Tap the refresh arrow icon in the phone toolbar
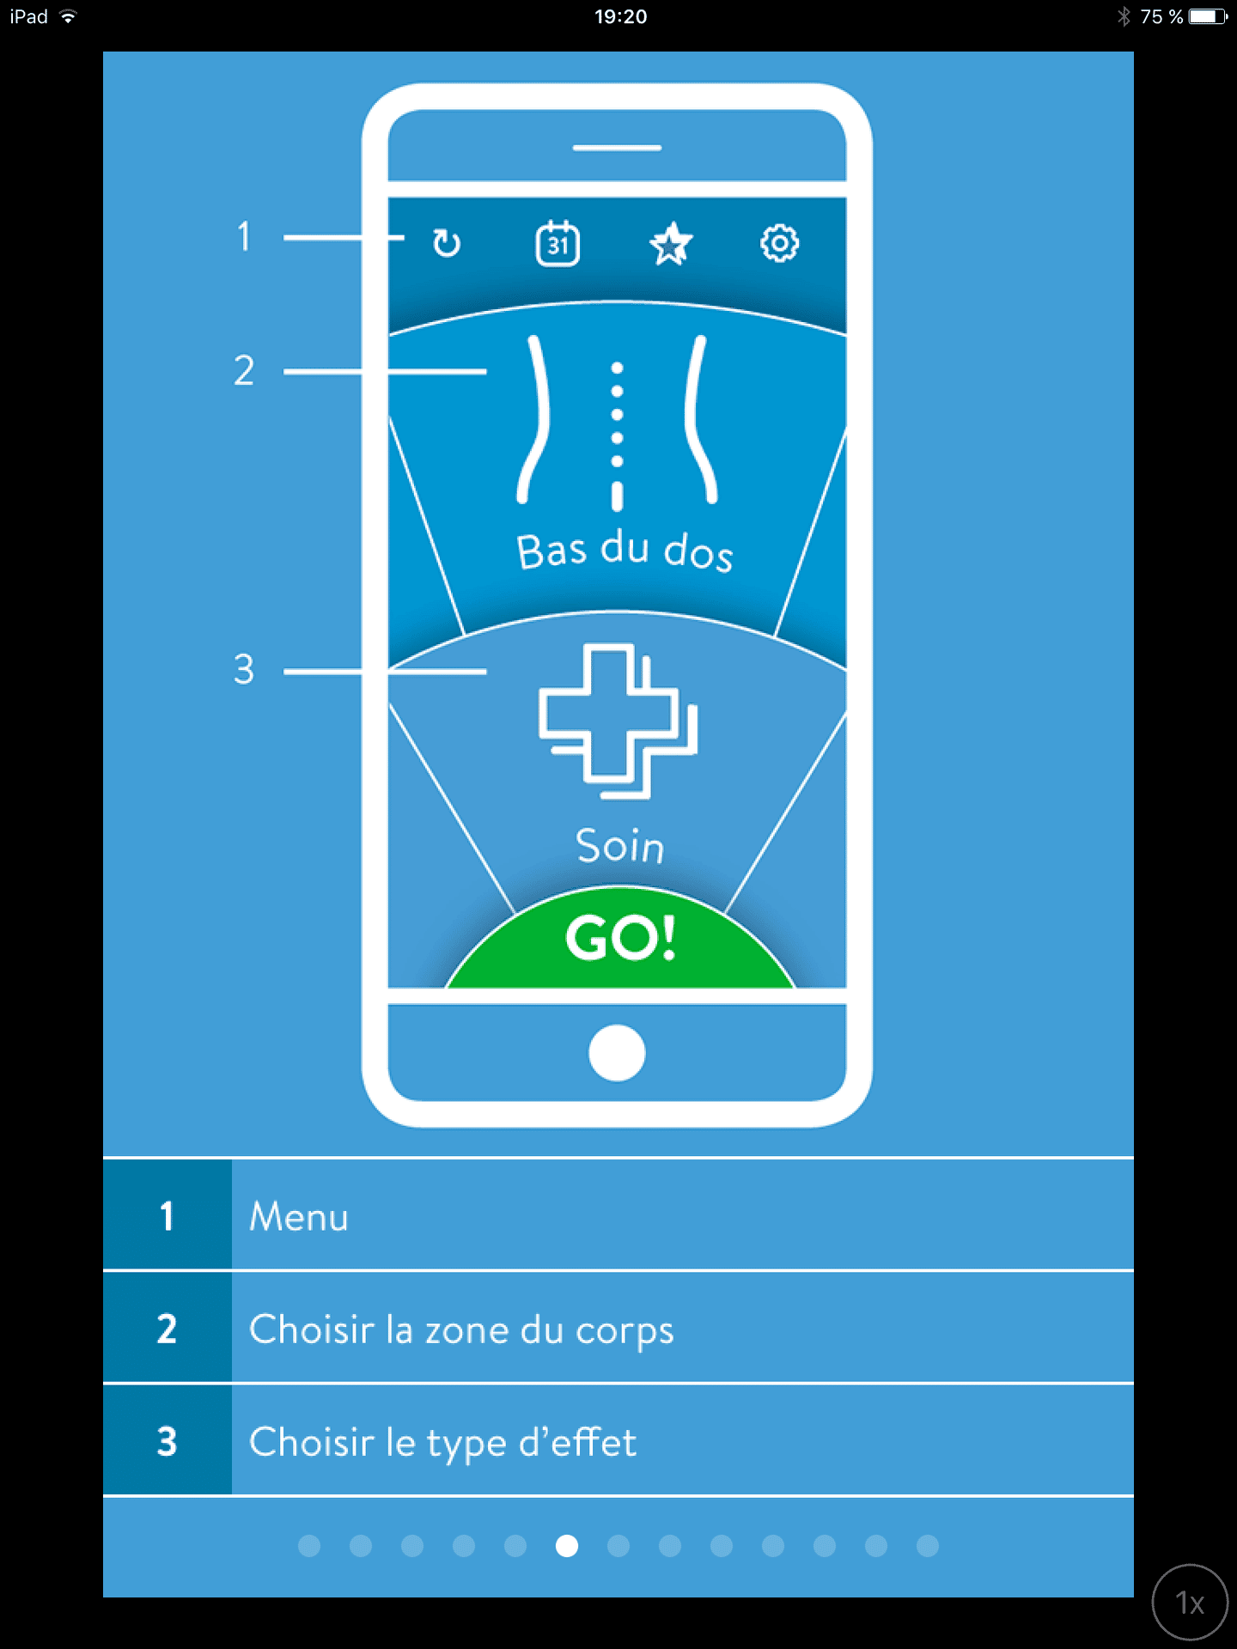tap(447, 244)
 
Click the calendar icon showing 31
tap(558, 244)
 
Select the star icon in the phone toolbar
tap(670, 244)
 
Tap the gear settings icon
tap(780, 244)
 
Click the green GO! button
tap(620, 938)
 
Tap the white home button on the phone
tap(617, 1053)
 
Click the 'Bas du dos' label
tap(625, 551)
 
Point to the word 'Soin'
tap(620, 846)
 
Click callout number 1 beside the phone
tap(245, 236)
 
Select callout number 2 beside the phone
tap(244, 370)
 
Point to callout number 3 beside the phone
tap(244, 669)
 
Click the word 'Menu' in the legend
tap(299, 1217)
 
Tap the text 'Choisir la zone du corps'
tap(461, 1330)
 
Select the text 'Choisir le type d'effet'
tap(443, 1443)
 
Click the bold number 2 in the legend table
tap(167, 1329)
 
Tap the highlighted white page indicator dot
tap(567, 1546)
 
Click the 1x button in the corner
tap(1190, 1603)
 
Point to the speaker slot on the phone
tap(617, 148)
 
